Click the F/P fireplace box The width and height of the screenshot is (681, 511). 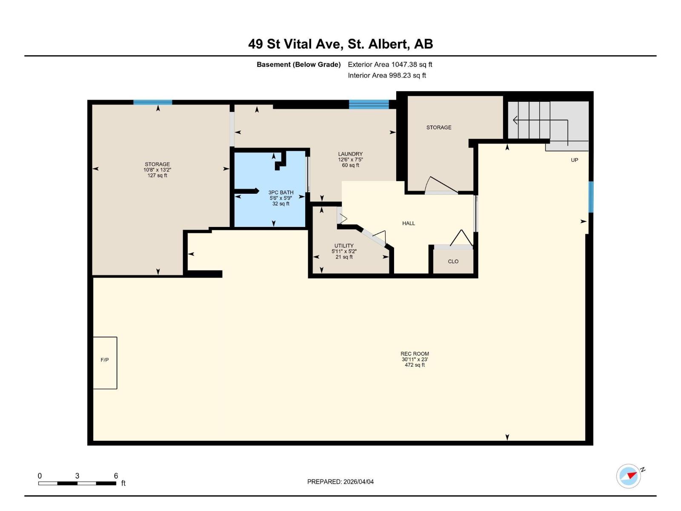click(105, 363)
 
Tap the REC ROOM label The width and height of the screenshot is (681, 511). click(415, 354)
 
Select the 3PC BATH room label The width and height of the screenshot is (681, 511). click(281, 192)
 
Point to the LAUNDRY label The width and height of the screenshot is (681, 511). click(350, 154)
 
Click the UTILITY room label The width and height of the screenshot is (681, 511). click(344, 245)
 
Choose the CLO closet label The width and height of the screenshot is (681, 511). click(453, 261)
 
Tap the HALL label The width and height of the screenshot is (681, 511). click(408, 224)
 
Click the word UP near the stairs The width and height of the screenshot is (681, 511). click(574, 160)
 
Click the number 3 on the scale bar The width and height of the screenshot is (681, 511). click(77, 476)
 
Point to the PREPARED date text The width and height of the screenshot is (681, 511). click(340, 482)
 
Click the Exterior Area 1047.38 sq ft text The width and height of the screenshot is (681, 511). click(390, 65)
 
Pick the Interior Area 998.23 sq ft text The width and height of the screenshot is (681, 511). click(387, 75)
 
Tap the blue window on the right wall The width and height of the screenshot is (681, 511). click(591, 197)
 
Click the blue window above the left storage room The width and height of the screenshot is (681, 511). click(153, 102)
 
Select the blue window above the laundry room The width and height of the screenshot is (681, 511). click(369, 104)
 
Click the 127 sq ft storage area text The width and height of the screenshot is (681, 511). click(157, 175)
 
